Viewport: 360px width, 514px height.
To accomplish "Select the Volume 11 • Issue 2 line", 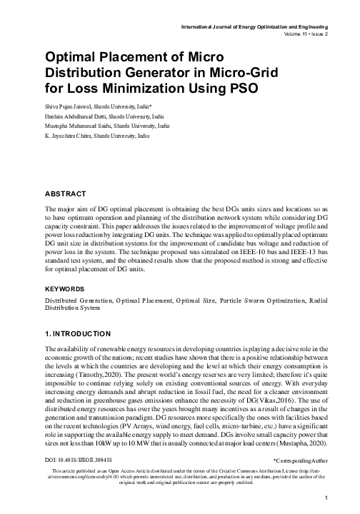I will [x=299, y=34].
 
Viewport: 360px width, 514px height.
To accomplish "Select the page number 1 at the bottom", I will [x=326, y=498].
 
